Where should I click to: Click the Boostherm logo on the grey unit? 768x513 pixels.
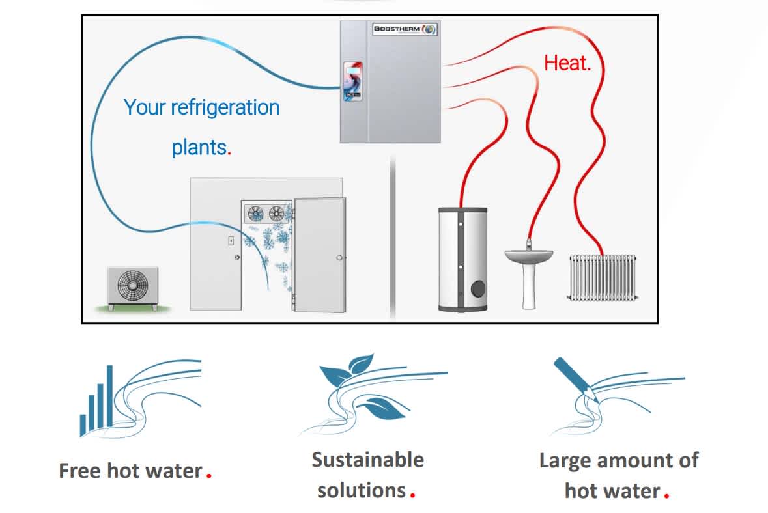404,29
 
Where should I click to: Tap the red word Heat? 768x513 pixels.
567,63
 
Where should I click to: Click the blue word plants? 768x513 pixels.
201,147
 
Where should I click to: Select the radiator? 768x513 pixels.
603,277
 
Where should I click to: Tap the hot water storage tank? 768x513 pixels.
463,260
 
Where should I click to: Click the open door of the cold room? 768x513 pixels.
320,255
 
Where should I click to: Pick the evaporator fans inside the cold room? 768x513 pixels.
266,214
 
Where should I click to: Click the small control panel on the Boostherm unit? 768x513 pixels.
352,81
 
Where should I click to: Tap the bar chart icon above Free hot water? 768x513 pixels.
97,402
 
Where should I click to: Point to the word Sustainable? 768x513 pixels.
368,460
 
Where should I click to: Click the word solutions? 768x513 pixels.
362,490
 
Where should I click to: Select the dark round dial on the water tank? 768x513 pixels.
478,288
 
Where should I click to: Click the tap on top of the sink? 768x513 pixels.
529,244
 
